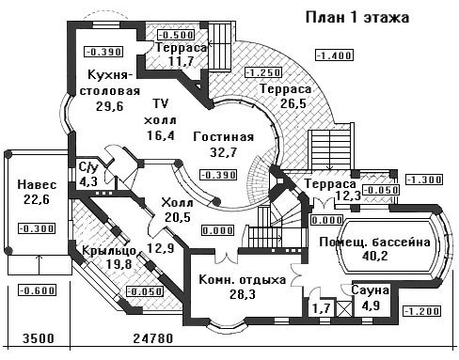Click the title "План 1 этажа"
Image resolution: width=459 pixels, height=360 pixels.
pyautogui.click(x=357, y=18)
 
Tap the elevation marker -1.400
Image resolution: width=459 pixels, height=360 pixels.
pyautogui.click(x=335, y=55)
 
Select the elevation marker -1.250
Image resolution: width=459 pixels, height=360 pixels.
pyautogui.click(x=263, y=72)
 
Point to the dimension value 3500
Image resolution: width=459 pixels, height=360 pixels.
pyautogui.click(x=39, y=338)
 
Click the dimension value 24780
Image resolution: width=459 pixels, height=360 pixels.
pyautogui.click(x=153, y=338)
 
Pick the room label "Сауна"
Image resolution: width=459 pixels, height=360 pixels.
pyautogui.click(x=370, y=290)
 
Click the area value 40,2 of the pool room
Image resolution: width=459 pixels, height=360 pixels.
pyautogui.click(x=374, y=256)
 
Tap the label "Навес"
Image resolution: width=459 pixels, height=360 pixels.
pyautogui.click(x=37, y=184)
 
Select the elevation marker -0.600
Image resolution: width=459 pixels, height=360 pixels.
pyautogui.click(x=37, y=290)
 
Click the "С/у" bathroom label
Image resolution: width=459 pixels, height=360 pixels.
pyautogui.click(x=88, y=167)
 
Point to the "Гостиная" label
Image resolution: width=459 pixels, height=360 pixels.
pyautogui.click(x=224, y=137)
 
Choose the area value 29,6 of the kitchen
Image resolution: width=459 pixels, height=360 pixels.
pyautogui.click(x=110, y=106)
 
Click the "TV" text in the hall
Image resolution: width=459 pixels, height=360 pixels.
pyautogui.click(x=160, y=103)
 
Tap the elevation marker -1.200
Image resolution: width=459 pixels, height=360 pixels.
pyautogui.click(x=422, y=311)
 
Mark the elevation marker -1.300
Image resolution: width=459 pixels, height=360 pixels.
pyautogui.click(x=424, y=180)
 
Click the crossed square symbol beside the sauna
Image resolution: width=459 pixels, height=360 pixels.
pyautogui.click(x=343, y=308)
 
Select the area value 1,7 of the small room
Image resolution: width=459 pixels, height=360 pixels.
pyautogui.click(x=321, y=308)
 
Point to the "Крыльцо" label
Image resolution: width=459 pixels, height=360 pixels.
pyautogui.click(x=109, y=251)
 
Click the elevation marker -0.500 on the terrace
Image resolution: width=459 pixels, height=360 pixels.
pyautogui.click(x=176, y=35)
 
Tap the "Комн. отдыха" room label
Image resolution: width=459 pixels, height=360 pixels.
pyautogui.click(x=243, y=280)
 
